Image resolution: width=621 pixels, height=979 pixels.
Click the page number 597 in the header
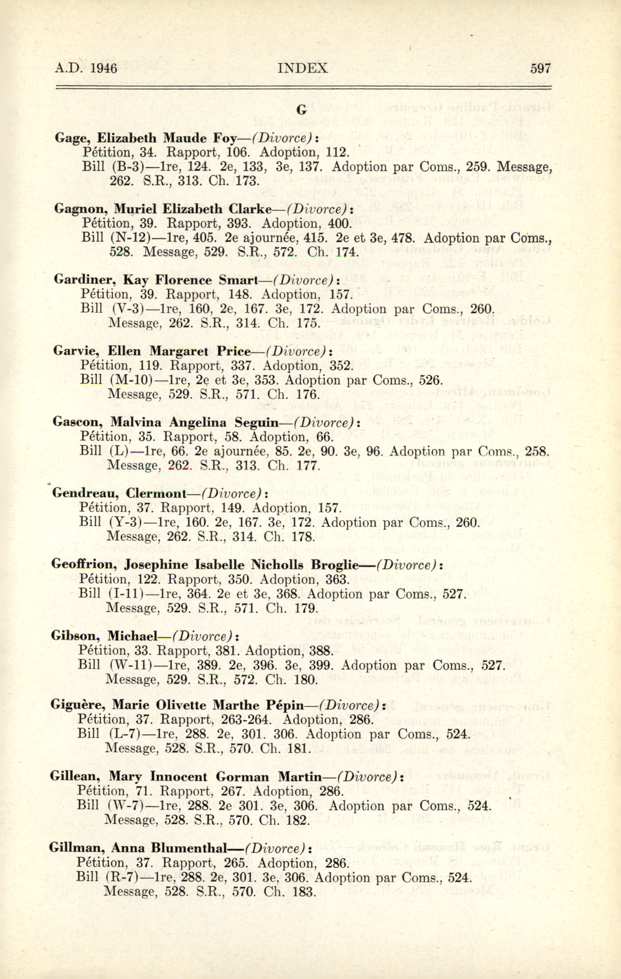point(540,68)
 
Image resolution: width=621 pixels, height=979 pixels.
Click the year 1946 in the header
point(104,68)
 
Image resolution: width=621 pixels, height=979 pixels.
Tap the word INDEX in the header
point(302,68)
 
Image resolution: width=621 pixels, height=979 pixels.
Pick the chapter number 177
point(308,465)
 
